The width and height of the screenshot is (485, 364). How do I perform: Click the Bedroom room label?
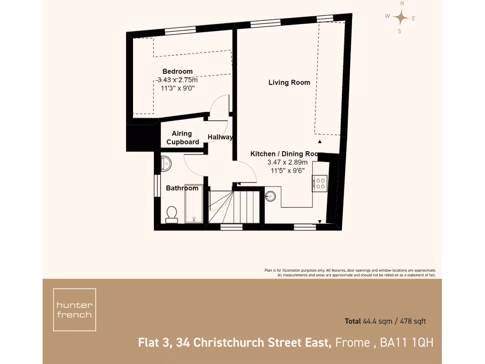(178, 72)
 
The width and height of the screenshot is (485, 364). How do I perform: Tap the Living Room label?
(289, 82)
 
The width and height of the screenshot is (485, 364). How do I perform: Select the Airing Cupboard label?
(182, 138)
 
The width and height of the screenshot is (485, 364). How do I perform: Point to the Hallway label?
(220, 137)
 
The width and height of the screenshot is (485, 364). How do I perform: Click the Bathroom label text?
(182, 188)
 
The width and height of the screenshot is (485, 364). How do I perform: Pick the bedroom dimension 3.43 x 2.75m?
(178, 80)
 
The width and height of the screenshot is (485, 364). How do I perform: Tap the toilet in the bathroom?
(171, 215)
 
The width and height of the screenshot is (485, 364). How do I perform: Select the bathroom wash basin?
(166, 163)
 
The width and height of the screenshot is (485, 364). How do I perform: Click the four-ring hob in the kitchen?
(320, 183)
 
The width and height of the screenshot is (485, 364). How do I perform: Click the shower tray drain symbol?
(194, 218)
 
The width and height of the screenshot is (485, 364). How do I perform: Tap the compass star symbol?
(401, 18)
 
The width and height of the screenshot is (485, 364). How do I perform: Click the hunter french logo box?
(74, 309)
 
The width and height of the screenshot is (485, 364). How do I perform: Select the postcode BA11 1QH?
(407, 342)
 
